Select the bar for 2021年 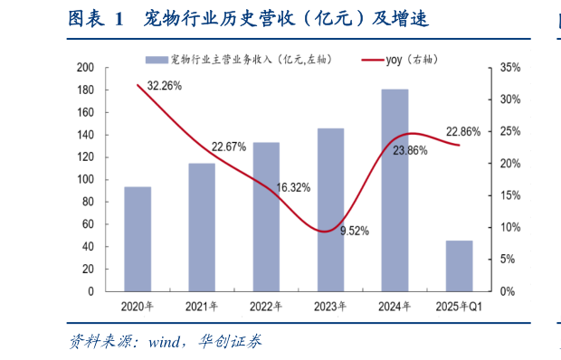click(202, 227)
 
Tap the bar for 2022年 click(266, 217)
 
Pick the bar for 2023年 click(330, 210)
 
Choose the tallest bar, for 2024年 click(395, 190)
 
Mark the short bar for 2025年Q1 click(459, 266)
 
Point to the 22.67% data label click(229, 147)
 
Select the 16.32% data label click(293, 187)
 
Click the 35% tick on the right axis click(509, 68)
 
